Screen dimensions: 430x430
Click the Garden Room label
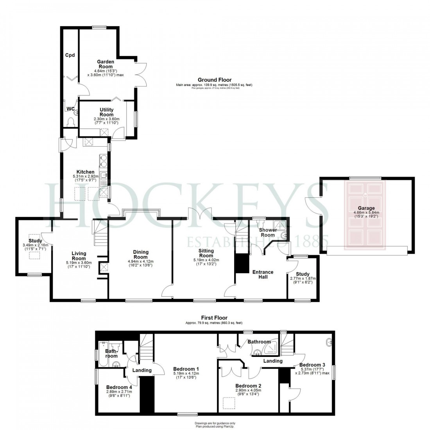point(106,64)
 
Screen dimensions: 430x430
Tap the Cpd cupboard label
point(70,55)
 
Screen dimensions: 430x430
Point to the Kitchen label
point(85,172)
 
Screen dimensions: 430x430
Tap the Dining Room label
point(140,254)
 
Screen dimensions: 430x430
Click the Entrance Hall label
point(262,274)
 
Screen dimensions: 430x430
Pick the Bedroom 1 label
point(186,369)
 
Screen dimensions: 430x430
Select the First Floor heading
point(214,318)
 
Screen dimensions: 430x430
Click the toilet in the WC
point(70,122)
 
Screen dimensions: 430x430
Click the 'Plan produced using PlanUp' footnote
point(214,426)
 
